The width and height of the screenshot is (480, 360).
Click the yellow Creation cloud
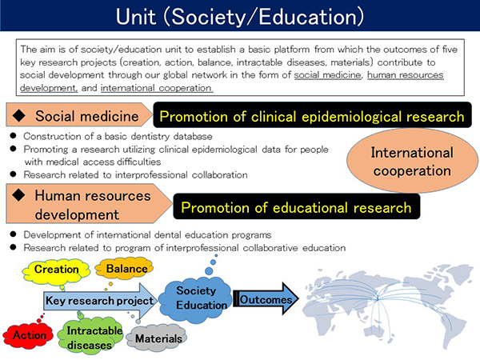[x=56, y=270]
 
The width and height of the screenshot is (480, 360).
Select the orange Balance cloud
[x=124, y=269]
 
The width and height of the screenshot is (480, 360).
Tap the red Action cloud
[x=28, y=335]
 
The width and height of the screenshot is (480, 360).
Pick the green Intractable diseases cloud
[x=90, y=336]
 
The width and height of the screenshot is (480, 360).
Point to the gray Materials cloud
[x=157, y=338]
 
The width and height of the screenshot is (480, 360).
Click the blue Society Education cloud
[x=196, y=299]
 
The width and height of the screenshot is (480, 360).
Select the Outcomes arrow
[x=266, y=299]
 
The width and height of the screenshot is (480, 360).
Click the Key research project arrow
[x=100, y=301]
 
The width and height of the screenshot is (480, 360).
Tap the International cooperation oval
[x=412, y=161]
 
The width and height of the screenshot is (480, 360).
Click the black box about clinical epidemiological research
[x=312, y=115]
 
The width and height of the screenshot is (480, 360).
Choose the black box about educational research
[x=296, y=206]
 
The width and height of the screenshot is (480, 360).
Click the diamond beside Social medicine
[x=19, y=115]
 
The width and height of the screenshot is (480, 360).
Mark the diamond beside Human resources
[x=19, y=195]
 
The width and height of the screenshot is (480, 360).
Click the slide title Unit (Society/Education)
[x=240, y=16]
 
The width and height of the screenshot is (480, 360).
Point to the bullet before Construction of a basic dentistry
[x=13, y=136]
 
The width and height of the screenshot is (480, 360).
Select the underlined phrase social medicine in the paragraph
[x=327, y=75]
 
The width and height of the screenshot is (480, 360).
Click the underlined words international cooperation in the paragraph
[x=157, y=88]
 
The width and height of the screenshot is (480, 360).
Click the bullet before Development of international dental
[x=13, y=234]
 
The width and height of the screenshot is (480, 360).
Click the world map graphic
[x=387, y=306]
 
